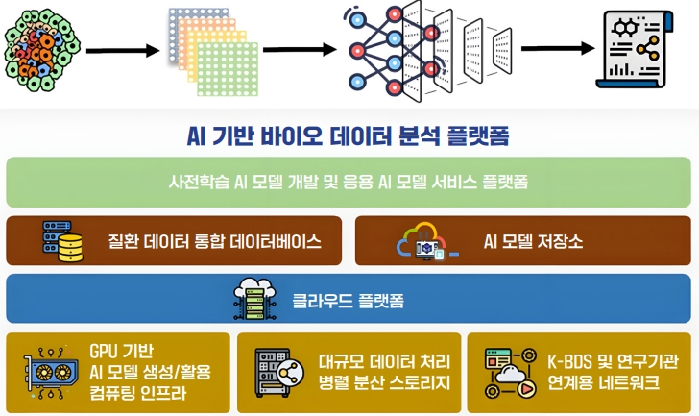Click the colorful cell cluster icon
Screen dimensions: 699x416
[x=42, y=50]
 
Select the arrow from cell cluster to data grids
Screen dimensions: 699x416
[x=123, y=50]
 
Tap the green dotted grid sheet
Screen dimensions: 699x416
[x=228, y=68]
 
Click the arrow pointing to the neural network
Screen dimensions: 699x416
[x=300, y=49]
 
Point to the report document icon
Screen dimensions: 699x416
[x=635, y=49]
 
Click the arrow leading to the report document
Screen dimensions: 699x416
[x=558, y=48]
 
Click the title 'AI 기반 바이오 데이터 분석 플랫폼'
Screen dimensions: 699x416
[x=348, y=136]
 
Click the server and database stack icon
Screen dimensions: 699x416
[x=62, y=241]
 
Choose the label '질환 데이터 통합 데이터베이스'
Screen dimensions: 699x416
[x=214, y=242]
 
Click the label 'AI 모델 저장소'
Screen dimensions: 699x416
[x=533, y=242]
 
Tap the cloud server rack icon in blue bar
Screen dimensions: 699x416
[x=255, y=298]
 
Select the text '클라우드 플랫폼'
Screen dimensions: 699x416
[x=349, y=301]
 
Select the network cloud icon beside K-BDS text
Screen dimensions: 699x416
[x=511, y=373]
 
